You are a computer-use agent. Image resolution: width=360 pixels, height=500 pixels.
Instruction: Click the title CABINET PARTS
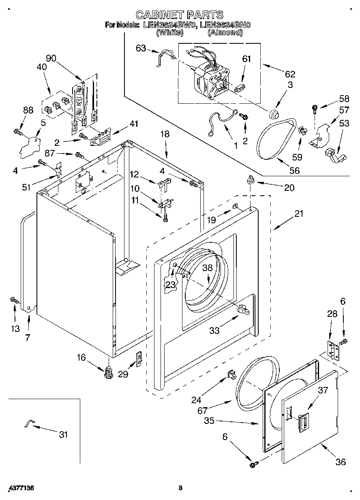[x=179, y=15]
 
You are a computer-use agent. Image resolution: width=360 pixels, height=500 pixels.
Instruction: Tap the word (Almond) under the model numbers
[x=225, y=33]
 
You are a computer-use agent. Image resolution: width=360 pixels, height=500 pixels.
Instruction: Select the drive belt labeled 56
[x=275, y=138]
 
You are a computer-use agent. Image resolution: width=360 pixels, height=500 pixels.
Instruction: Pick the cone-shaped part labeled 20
[x=250, y=180]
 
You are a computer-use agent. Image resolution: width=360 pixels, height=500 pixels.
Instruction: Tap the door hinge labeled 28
[x=332, y=349]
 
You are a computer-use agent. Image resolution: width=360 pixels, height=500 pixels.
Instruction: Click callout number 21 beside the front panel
[x=298, y=214]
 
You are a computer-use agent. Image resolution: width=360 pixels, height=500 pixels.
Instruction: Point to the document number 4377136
[x=20, y=488]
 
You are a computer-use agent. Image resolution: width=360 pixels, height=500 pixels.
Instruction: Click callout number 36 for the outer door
[x=341, y=462]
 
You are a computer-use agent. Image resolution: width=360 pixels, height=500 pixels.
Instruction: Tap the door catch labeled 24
[x=231, y=374]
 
